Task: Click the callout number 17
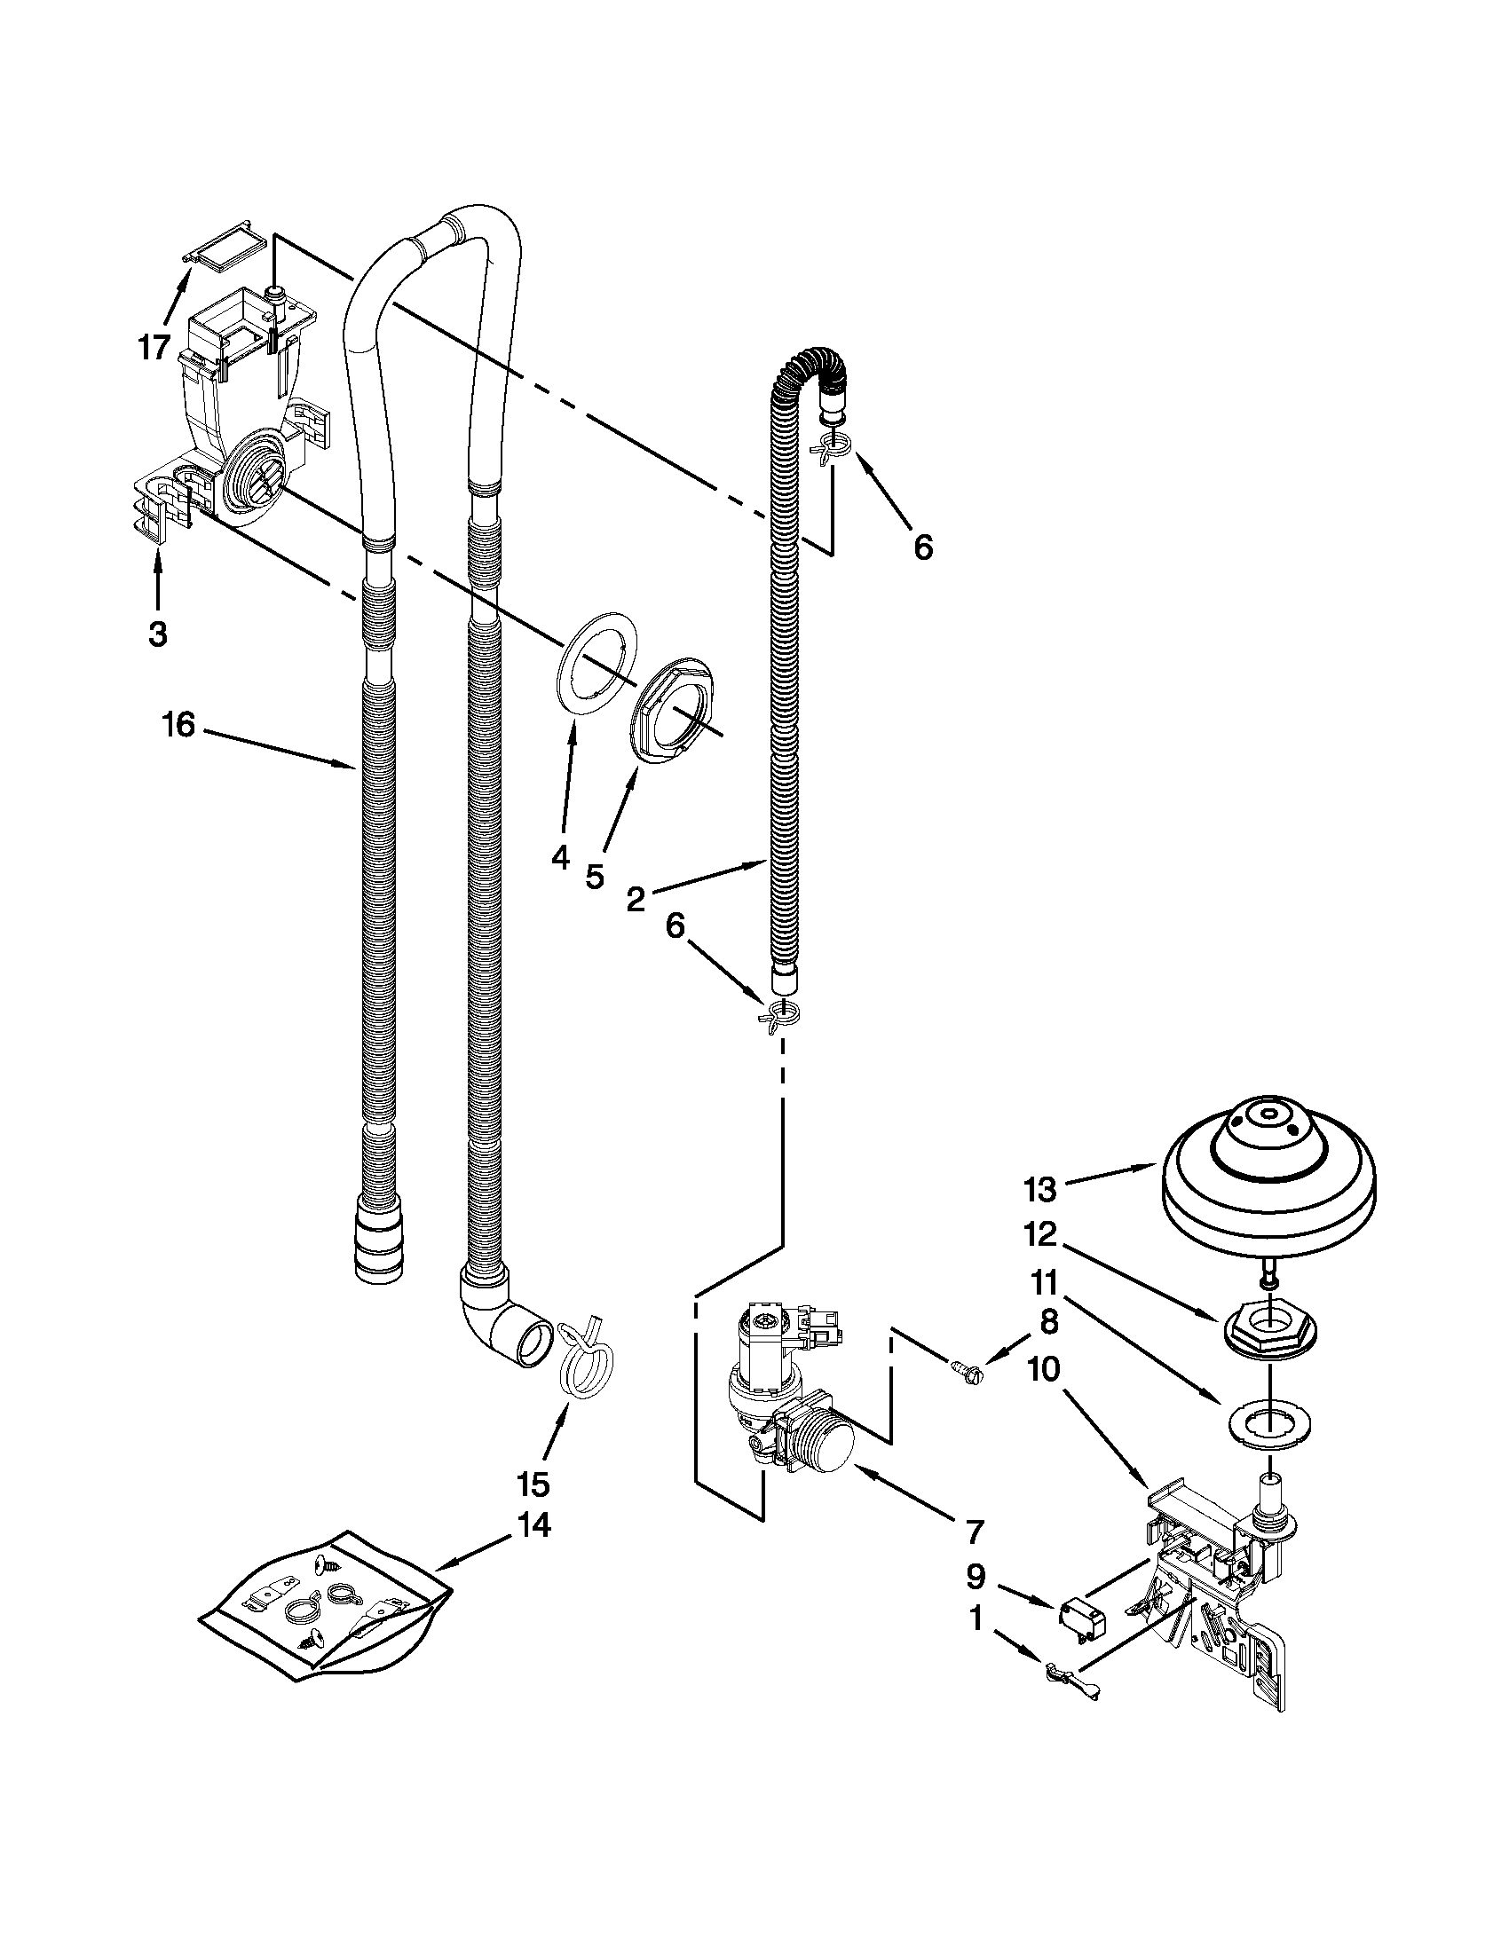[x=154, y=346]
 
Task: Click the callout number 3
[x=156, y=634]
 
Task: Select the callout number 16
[x=178, y=725]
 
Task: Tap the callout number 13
[x=1041, y=1190]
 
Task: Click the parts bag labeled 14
[x=327, y=1602]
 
